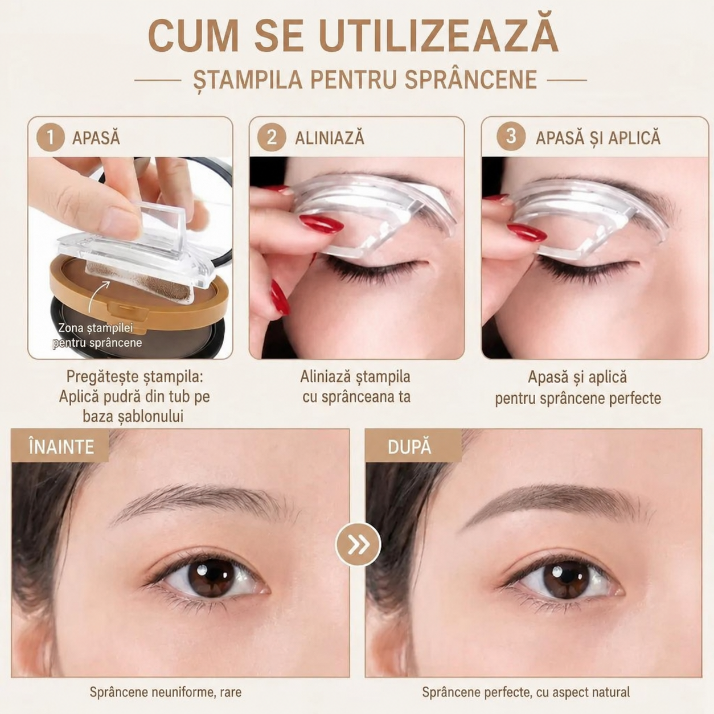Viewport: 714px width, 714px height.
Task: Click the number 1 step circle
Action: [51, 138]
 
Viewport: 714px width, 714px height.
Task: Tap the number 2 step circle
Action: [272, 138]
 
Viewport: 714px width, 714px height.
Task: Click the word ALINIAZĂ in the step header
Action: [330, 138]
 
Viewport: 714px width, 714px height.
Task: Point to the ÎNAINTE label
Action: [61, 446]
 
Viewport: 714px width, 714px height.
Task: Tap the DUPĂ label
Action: [409, 447]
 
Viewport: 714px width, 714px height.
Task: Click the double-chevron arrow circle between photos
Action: [358, 544]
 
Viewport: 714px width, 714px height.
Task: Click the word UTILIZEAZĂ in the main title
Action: [439, 38]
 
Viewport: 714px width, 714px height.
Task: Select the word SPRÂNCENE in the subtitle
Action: [471, 79]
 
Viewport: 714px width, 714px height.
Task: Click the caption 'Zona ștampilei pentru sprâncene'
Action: [97, 335]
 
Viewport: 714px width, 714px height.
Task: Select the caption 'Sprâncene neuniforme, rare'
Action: [166, 692]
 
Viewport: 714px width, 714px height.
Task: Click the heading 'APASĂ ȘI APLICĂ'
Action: [598, 137]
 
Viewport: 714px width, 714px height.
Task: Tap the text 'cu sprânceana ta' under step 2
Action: [356, 397]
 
